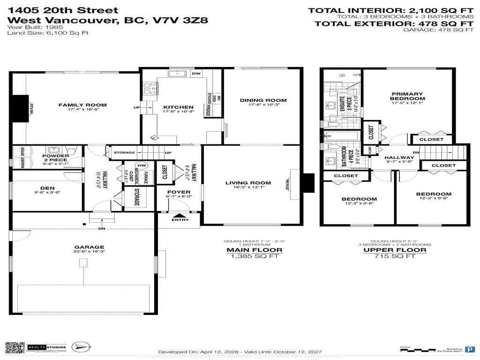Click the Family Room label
click(82, 105)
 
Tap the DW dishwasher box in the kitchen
click(196, 73)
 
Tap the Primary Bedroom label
click(408, 96)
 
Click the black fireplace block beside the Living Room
click(307, 183)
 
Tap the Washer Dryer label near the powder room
click(19, 158)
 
